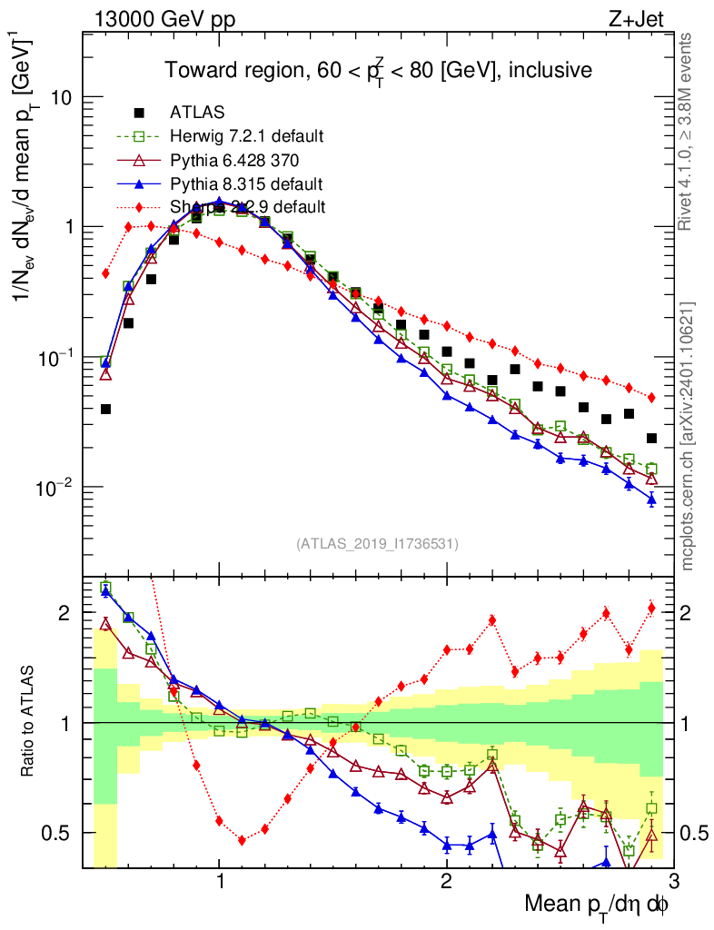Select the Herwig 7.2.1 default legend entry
click(x=246, y=137)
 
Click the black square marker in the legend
click(x=139, y=114)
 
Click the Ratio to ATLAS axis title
click(x=29, y=723)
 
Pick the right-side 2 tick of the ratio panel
click(x=692, y=613)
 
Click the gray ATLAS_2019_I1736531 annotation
click(x=377, y=544)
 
